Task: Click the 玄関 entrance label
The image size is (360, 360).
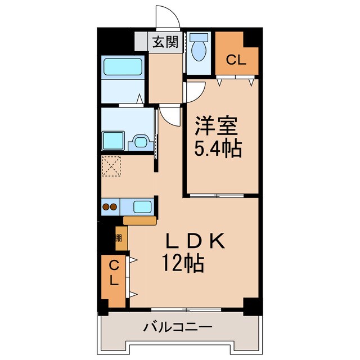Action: [x=166, y=42]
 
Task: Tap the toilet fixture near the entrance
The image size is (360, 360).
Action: [x=197, y=49]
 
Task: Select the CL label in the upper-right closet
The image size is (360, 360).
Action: [x=236, y=60]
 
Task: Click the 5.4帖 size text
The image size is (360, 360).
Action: [x=219, y=149]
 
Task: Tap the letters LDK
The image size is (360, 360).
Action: [x=195, y=241]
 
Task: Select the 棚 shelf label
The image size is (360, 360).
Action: [x=119, y=238]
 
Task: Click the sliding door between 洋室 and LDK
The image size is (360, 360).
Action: [x=217, y=195]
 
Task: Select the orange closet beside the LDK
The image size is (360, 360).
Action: [x=114, y=280]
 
